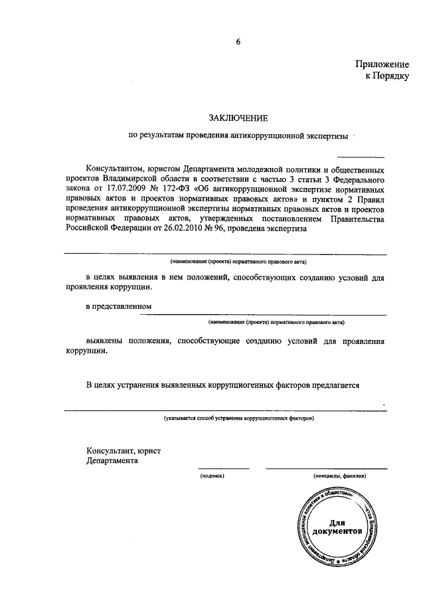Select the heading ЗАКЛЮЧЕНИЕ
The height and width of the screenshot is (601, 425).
point(238,118)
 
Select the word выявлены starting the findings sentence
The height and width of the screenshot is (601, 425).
point(108,341)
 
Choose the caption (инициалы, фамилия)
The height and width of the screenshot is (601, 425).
point(339,476)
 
